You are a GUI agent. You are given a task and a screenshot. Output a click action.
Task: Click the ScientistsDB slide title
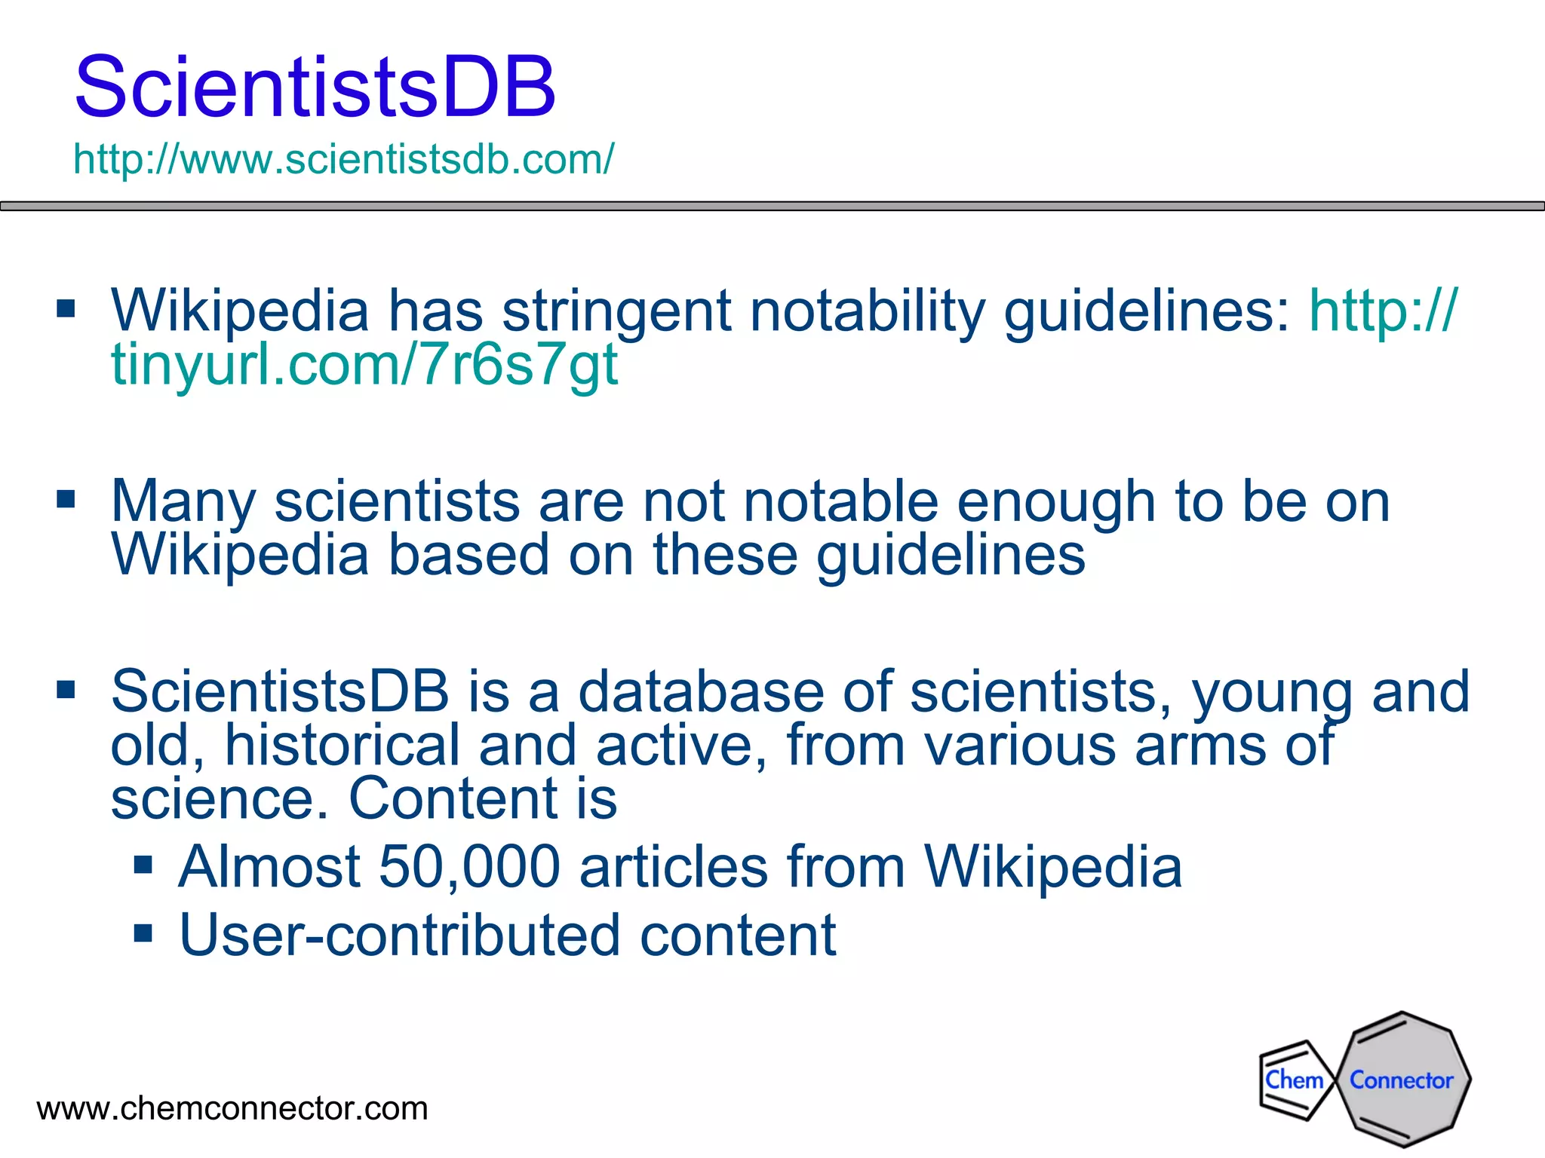315,87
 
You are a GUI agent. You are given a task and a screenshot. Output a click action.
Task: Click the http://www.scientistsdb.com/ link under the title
344,159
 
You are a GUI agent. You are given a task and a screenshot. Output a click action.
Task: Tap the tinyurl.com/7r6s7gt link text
365,365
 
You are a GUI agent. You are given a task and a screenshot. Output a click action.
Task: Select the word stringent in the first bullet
616,312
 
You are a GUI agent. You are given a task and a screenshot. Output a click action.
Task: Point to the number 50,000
469,867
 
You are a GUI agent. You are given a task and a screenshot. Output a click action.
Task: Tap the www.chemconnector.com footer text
232,1108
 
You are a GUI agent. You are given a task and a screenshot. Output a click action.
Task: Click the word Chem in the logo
1294,1080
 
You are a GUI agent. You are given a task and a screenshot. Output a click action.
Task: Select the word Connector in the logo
1401,1080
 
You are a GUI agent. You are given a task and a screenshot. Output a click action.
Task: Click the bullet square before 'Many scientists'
66,499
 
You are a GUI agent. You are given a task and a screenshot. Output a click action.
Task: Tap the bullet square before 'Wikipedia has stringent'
66,308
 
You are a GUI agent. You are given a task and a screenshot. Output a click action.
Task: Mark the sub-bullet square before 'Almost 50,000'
143,864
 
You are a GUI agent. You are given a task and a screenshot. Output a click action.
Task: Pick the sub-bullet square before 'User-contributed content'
143,933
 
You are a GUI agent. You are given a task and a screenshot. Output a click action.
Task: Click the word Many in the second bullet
183,502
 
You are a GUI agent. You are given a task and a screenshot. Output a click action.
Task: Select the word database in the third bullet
701,691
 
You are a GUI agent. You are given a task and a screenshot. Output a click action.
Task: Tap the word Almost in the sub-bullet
269,867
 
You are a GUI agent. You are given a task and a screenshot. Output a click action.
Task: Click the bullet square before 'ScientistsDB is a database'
66,689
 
